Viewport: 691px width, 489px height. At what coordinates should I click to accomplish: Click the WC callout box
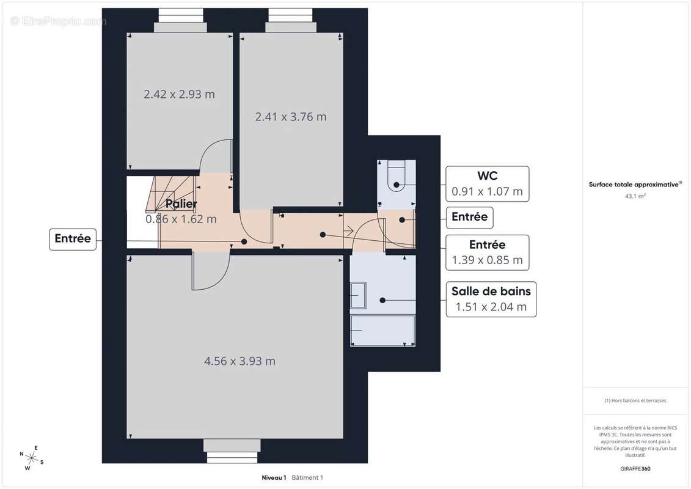pos(487,183)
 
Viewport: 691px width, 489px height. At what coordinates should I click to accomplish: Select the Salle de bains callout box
pos(491,299)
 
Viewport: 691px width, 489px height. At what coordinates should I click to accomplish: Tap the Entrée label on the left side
pos(73,239)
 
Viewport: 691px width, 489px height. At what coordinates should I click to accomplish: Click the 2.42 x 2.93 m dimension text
pos(180,94)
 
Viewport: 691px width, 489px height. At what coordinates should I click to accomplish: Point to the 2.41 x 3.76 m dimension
pos(291,117)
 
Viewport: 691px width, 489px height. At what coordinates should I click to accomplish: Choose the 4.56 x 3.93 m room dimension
pos(239,361)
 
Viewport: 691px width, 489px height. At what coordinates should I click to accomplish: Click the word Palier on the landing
pos(181,204)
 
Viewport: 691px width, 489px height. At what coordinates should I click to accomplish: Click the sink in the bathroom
pos(358,295)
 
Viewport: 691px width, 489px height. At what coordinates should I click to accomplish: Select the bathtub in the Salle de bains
pos(382,330)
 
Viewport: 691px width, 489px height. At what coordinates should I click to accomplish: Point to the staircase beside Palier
pos(170,193)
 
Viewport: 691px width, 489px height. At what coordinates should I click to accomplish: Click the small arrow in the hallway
pos(349,230)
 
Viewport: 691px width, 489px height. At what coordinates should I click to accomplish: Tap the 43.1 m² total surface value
pos(635,196)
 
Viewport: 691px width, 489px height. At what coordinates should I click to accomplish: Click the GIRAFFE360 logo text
pos(635,469)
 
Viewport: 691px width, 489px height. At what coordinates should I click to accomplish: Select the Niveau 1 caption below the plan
pos(274,477)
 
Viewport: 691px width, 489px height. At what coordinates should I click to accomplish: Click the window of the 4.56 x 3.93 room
pos(232,451)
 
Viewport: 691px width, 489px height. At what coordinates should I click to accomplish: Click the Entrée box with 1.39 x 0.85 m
pos(487,252)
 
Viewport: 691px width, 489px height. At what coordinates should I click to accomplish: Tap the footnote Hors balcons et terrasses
pos(635,400)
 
